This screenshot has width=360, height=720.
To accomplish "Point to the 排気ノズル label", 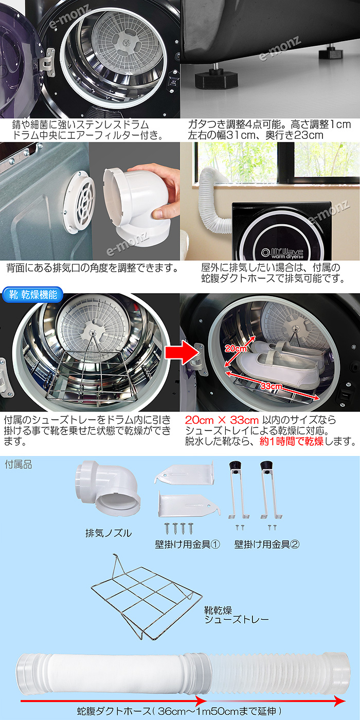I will pyautogui.click(x=108, y=533).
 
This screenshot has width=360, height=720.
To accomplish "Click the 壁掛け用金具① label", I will pyautogui.click(x=187, y=544).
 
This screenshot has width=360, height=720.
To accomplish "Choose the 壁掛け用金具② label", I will pyautogui.click(x=266, y=544).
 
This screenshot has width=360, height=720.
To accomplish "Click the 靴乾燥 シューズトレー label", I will pyautogui.click(x=236, y=614).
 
